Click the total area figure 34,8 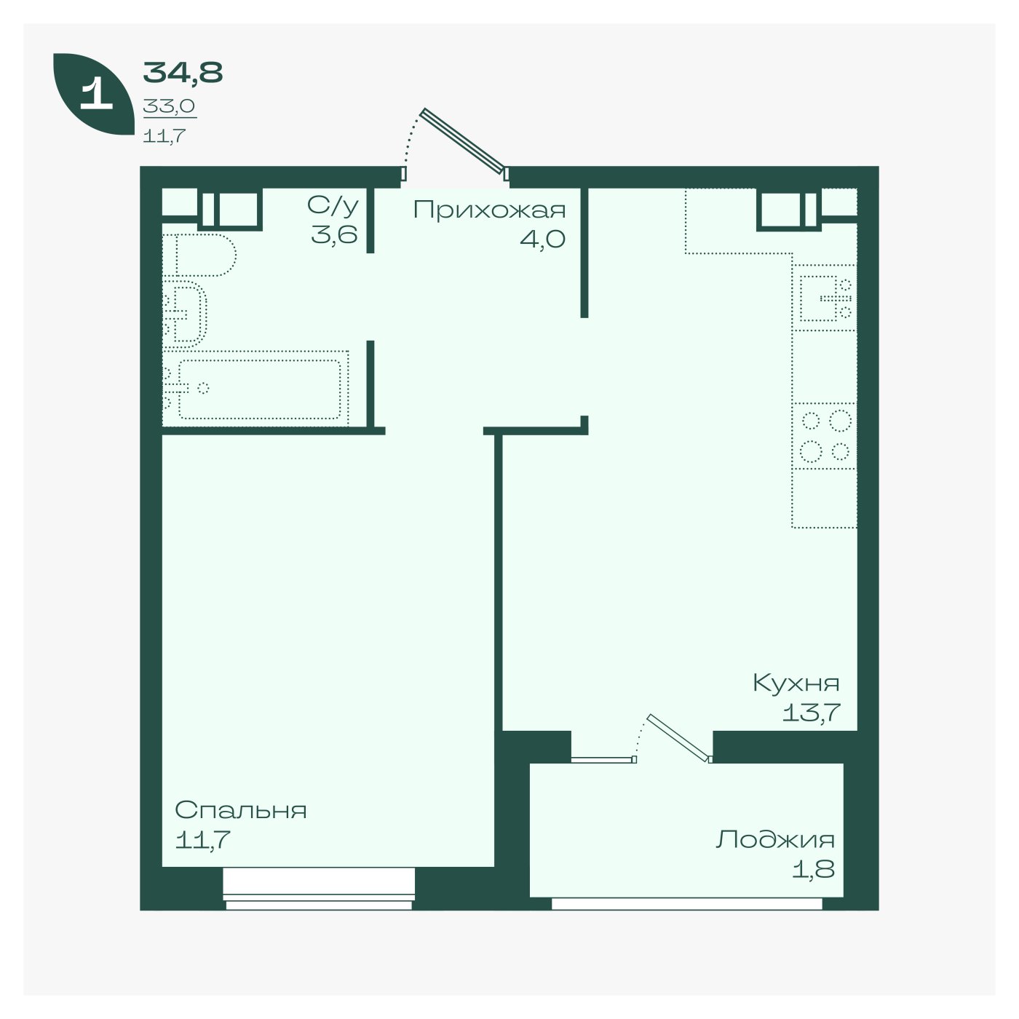click(183, 73)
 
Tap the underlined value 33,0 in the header click(170, 106)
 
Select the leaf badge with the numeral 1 click(94, 94)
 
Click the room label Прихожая click(489, 210)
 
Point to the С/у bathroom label click(333, 206)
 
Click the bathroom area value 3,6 click(334, 234)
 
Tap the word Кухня click(796, 683)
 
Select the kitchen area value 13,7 click(811, 713)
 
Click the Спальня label click(241, 809)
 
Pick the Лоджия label click(775, 840)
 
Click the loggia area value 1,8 click(813, 869)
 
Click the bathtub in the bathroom click(255, 388)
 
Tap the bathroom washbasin click(184, 314)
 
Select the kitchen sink click(824, 298)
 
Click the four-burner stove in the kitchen click(825, 436)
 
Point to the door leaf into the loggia click(679, 737)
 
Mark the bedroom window click(319, 895)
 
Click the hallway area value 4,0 click(542, 239)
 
